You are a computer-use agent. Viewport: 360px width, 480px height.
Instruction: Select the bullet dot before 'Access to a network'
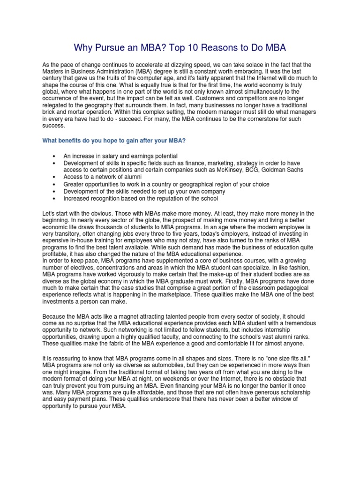pos(55,177)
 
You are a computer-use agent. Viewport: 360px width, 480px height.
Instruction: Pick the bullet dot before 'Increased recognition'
pos(55,199)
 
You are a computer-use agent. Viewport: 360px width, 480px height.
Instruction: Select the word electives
pos(73,267)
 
